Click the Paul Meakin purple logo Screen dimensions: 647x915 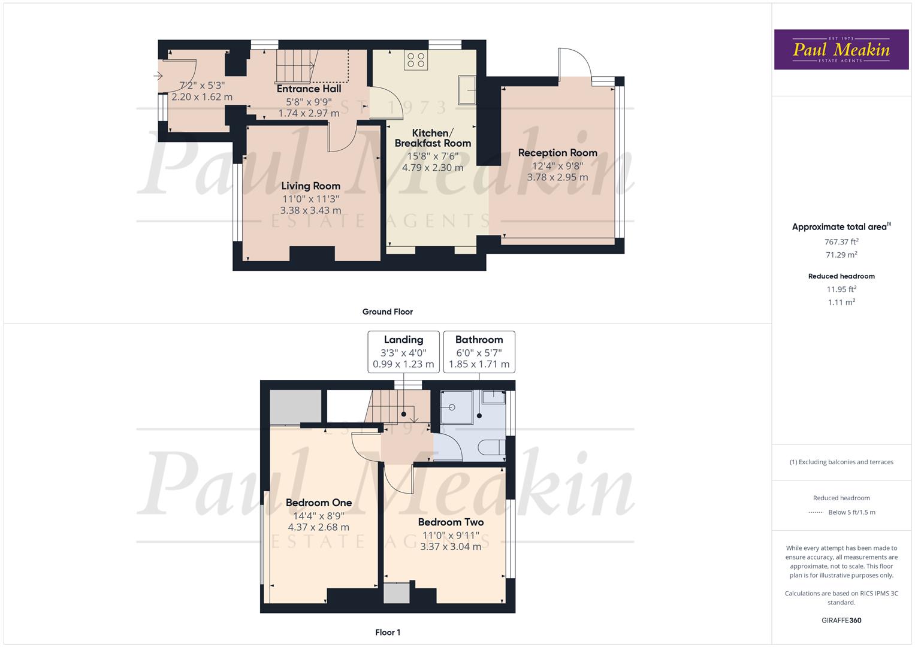(x=841, y=49)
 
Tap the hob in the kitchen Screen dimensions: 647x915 (x=416, y=59)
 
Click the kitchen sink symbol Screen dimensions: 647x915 (x=467, y=90)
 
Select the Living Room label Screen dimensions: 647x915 (x=310, y=186)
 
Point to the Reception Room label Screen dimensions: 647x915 (x=557, y=153)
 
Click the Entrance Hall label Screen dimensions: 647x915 (x=309, y=89)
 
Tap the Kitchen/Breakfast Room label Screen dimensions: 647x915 (x=433, y=138)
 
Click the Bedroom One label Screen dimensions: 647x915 (x=318, y=503)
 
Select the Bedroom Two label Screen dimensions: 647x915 (x=451, y=522)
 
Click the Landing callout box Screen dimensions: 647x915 (x=403, y=352)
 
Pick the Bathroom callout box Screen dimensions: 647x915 (x=479, y=352)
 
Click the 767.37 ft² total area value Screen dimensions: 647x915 (x=841, y=242)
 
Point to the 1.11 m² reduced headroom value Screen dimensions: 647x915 (x=841, y=303)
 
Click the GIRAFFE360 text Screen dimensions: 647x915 (x=841, y=620)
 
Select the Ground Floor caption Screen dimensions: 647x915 (x=387, y=312)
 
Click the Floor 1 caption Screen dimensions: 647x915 (x=387, y=632)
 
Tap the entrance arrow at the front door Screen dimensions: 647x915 (x=158, y=75)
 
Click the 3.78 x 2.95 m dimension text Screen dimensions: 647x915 (x=557, y=177)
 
